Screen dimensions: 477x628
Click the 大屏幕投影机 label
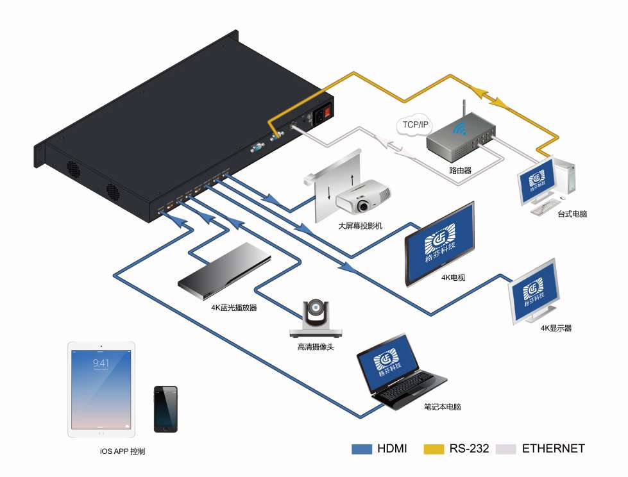(x=360, y=226)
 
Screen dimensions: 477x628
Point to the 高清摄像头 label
(x=315, y=347)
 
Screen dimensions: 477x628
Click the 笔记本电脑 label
(x=443, y=406)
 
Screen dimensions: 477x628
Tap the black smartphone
(x=165, y=409)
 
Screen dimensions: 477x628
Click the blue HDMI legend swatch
(x=362, y=449)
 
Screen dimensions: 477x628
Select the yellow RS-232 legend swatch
(x=434, y=449)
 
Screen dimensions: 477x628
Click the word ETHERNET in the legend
(x=554, y=449)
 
